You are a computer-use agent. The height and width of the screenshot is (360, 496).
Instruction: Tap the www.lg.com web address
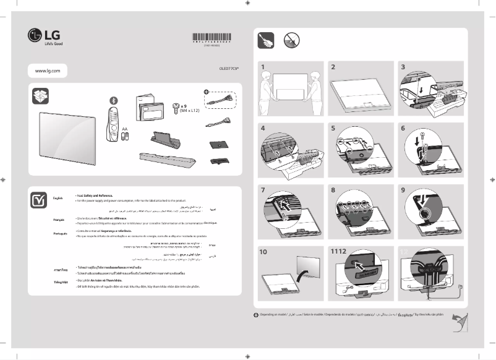47,72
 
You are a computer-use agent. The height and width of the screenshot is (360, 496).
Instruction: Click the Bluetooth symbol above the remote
113,100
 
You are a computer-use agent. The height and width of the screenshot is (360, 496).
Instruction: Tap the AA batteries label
125,129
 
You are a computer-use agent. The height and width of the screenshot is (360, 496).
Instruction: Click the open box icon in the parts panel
40,96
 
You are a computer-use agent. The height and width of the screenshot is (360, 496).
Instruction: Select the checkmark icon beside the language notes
39,199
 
